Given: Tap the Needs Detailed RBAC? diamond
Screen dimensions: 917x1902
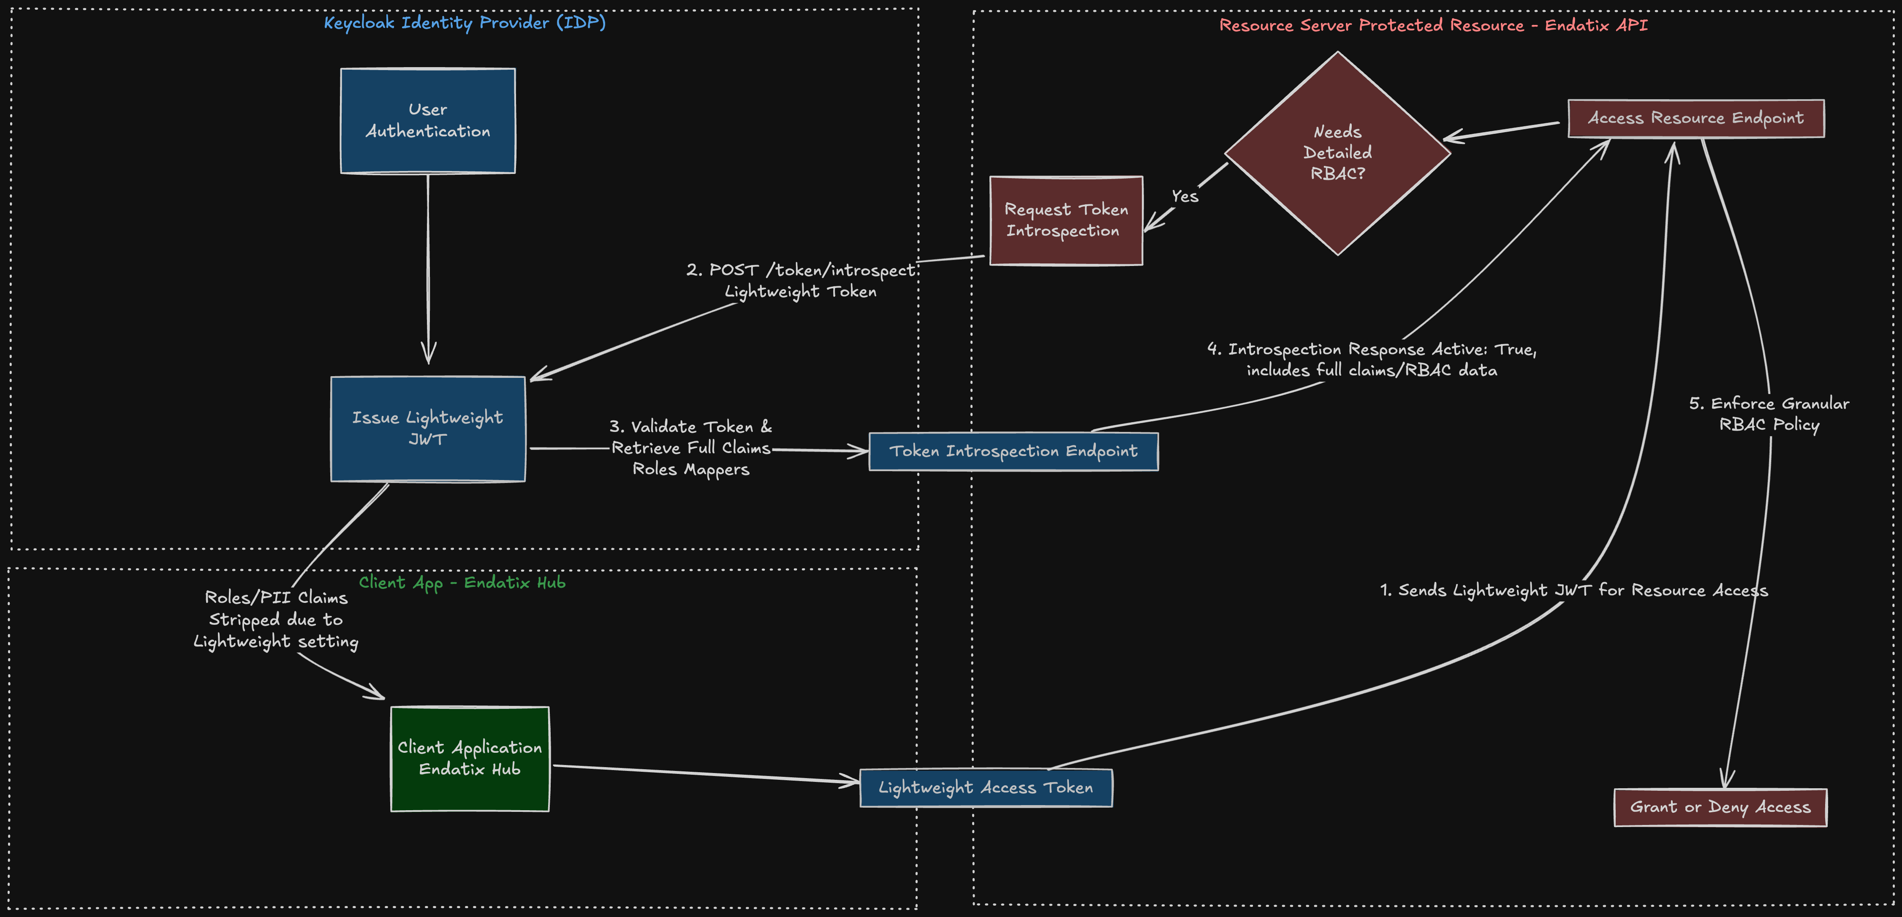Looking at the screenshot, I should tap(1337, 153).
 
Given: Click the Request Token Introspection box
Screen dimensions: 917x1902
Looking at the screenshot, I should tap(1065, 220).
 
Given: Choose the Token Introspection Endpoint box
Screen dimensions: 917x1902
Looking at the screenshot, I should tap(1013, 451).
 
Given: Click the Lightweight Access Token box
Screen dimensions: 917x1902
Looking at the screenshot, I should tap(986, 788).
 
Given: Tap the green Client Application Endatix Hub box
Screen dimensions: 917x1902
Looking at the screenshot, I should tap(470, 758).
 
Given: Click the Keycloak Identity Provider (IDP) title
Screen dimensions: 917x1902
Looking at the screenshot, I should tap(465, 23).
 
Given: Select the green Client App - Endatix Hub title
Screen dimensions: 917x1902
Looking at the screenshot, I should tap(462, 583).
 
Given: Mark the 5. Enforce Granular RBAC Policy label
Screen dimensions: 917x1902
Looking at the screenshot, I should tap(1769, 413).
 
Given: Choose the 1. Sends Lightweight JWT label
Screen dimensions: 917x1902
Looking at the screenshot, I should tap(1573, 590).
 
